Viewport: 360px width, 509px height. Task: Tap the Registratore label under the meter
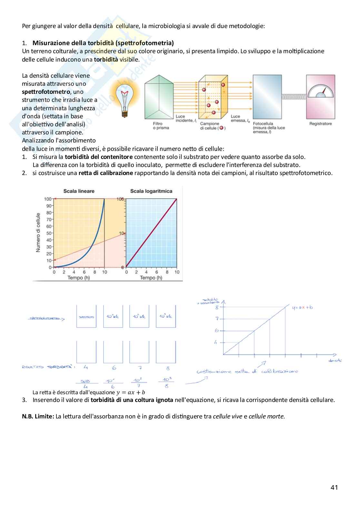tap(320, 124)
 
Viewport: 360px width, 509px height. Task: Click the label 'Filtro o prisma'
tap(160, 126)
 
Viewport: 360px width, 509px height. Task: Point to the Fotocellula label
tap(263, 123)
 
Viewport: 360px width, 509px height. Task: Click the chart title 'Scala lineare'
tap(79, 191)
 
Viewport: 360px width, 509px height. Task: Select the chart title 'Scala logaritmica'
tap(151, 191)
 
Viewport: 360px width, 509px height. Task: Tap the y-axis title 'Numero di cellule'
tap(38, 232)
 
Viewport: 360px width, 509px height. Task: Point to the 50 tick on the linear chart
tap(49, 233)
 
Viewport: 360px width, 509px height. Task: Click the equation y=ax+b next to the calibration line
tap(302, 308)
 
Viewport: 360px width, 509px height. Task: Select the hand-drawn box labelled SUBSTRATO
tap(86, 317)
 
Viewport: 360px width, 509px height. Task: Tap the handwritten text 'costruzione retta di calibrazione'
tap(247, 371)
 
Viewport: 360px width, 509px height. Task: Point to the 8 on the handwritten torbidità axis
tap(217, 308)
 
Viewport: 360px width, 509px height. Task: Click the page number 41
tap(334, 487)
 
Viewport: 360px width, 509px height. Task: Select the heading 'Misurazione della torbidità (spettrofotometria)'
tap(103, 43)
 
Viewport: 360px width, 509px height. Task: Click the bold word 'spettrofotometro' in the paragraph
tap(46, 92)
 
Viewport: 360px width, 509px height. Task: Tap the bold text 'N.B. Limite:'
tap(38, 416)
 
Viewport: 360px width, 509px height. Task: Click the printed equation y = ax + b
tap(131, 392)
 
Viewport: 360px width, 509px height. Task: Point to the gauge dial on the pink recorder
tap(321, 91)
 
